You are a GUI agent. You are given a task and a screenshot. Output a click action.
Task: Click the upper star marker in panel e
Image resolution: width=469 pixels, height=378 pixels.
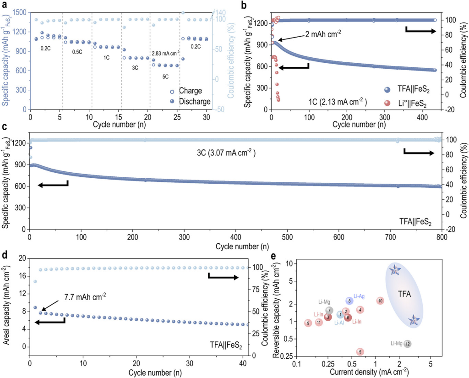(395, 270)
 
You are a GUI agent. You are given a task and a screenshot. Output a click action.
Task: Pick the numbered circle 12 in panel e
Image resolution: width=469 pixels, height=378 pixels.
(407, 344)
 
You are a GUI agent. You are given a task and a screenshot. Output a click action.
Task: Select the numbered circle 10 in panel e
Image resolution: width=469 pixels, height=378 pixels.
(380, 301)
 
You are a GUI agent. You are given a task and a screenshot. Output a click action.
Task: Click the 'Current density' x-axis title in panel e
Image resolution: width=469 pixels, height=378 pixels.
(362, 373)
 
